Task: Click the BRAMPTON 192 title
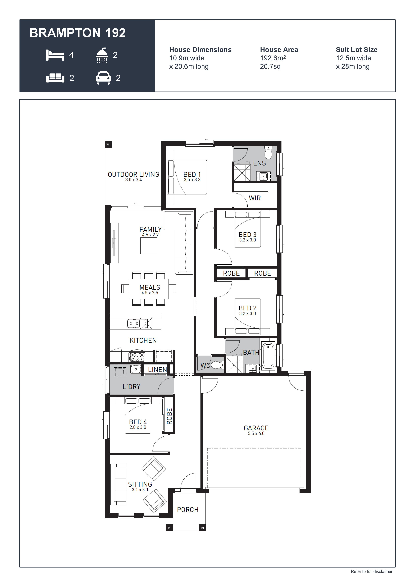click(x=77, y=33)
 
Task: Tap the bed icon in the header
click(x=55, y=55)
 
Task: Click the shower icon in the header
click(x=102, y=55)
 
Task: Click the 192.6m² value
click(x=273, y=58)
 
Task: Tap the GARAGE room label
click(x=256, y=428)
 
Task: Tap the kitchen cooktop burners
click(x=137, y=357)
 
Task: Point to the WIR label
click(x=255, y=198)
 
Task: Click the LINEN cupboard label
click(x=157, y=370)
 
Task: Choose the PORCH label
click(x=188, y=510)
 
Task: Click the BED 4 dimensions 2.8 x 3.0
click(x=138, y=427)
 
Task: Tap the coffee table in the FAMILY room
click(x=149, y=246)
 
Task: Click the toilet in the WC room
click(x=217, y=365)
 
